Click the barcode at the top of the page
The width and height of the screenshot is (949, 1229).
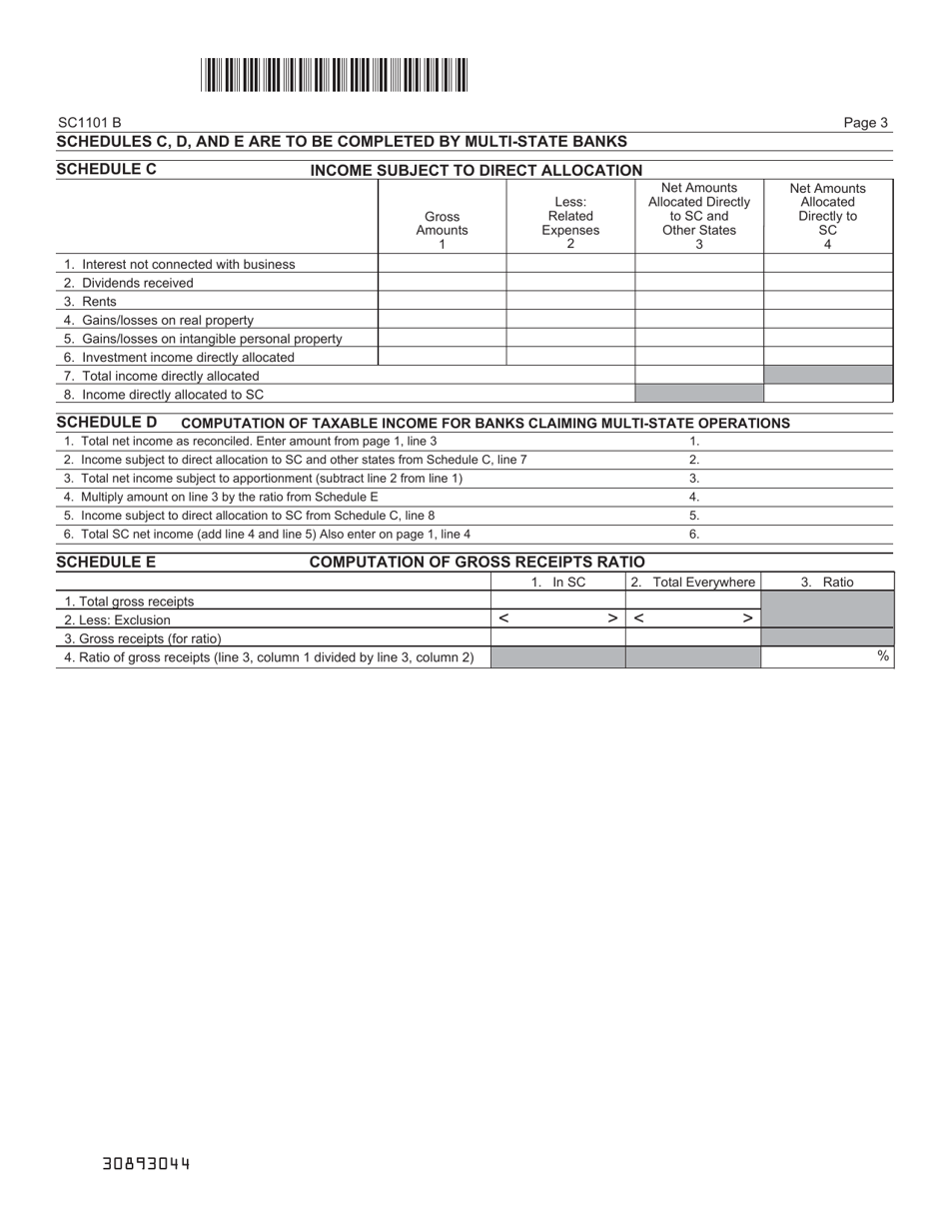click(334, 75)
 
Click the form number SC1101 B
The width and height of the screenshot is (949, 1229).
click(90, 123)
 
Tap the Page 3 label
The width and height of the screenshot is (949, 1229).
click(865, 123)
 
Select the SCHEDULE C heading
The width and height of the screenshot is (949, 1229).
click(107, 169)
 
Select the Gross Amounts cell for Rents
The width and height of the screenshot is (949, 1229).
click(442, 302)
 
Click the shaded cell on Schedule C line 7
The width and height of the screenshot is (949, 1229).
click(828, 376)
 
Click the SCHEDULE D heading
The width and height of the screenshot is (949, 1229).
click(107, 422)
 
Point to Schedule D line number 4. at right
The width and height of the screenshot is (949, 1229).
click(694, 497)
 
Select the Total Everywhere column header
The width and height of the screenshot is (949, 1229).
click(694, 582)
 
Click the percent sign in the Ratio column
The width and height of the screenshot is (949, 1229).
click(883, 656)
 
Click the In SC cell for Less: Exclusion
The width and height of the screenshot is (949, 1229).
click(557, 619)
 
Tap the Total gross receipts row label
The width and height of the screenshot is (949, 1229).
click(129, 602)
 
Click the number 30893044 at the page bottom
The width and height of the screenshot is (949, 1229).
click(146, 1164)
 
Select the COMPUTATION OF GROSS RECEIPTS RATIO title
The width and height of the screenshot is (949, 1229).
click(476, 563)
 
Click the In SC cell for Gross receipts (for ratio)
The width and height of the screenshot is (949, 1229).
click(557, 638)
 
